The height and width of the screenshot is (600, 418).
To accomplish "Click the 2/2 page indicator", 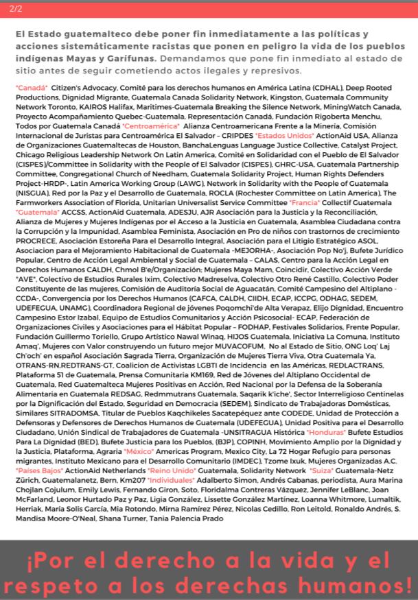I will (x=16, y=8).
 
